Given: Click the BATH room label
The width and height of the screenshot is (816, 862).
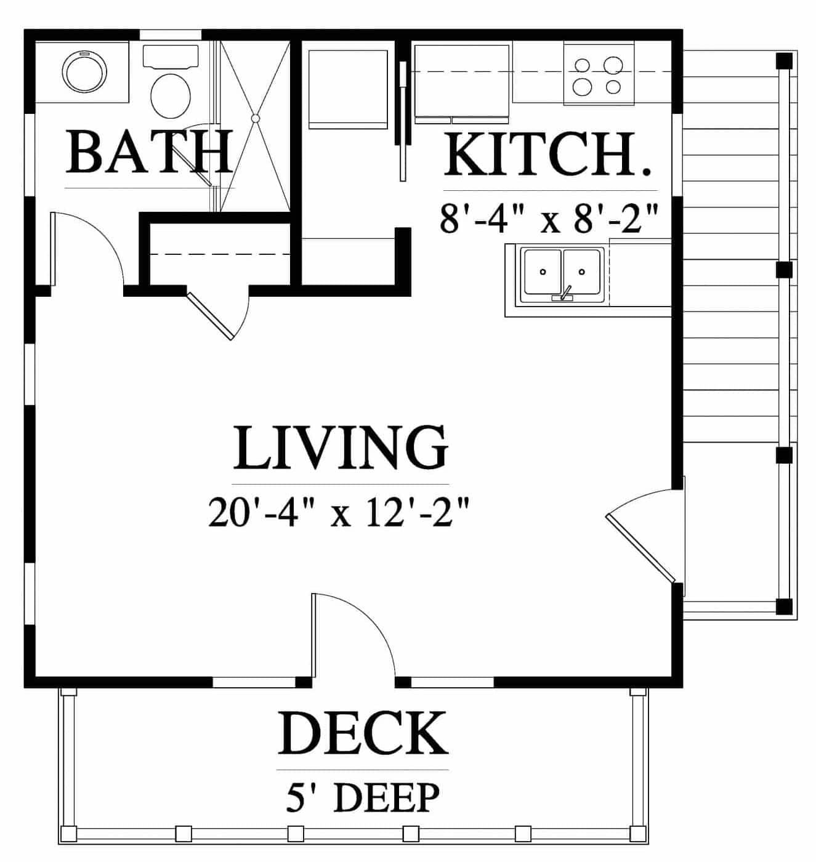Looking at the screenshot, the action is pos(148,151).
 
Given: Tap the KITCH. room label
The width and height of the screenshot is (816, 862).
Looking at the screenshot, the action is pos(547,155).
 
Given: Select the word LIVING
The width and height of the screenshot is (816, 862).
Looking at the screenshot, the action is pos(341,447).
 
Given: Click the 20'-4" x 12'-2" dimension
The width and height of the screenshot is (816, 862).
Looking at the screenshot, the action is pos(339,512).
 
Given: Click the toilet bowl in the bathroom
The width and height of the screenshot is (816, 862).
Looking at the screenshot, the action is pos(170,95).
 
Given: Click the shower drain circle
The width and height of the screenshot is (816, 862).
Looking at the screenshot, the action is pos(256,118).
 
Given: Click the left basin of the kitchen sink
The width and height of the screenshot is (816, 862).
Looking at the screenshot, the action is pos(543,272).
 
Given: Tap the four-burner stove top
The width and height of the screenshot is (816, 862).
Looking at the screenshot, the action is pos(599,75).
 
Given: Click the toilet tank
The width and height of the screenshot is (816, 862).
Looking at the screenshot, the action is pos(170,57).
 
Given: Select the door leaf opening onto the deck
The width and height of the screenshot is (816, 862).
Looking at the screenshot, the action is pos(313,635).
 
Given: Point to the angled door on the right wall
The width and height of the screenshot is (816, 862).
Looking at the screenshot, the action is pos(640,548).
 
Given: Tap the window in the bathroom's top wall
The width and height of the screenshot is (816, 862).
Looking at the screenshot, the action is pos(170,35).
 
